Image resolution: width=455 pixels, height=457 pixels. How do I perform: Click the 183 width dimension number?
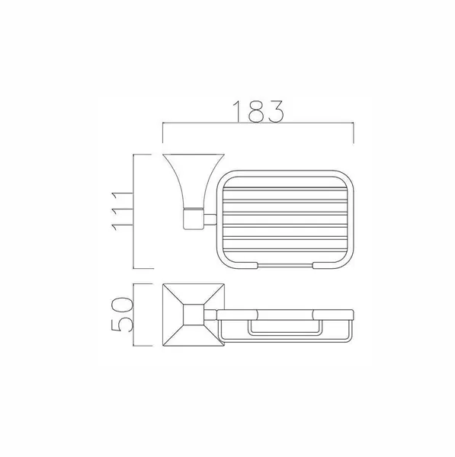point(258,111)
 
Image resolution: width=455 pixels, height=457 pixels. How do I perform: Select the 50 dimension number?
point(122,315)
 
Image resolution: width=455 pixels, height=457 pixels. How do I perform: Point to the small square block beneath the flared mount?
point(194,219)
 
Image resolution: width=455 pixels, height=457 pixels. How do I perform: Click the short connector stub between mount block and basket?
point(210,219)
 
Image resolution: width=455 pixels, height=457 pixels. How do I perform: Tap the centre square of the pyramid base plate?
point(194,315)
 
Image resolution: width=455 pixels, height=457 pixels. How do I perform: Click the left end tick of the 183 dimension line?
point(163,133)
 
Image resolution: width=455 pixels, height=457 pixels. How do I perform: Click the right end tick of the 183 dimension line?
point(354,133)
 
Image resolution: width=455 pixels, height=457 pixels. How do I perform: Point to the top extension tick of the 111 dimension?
point(143,155)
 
